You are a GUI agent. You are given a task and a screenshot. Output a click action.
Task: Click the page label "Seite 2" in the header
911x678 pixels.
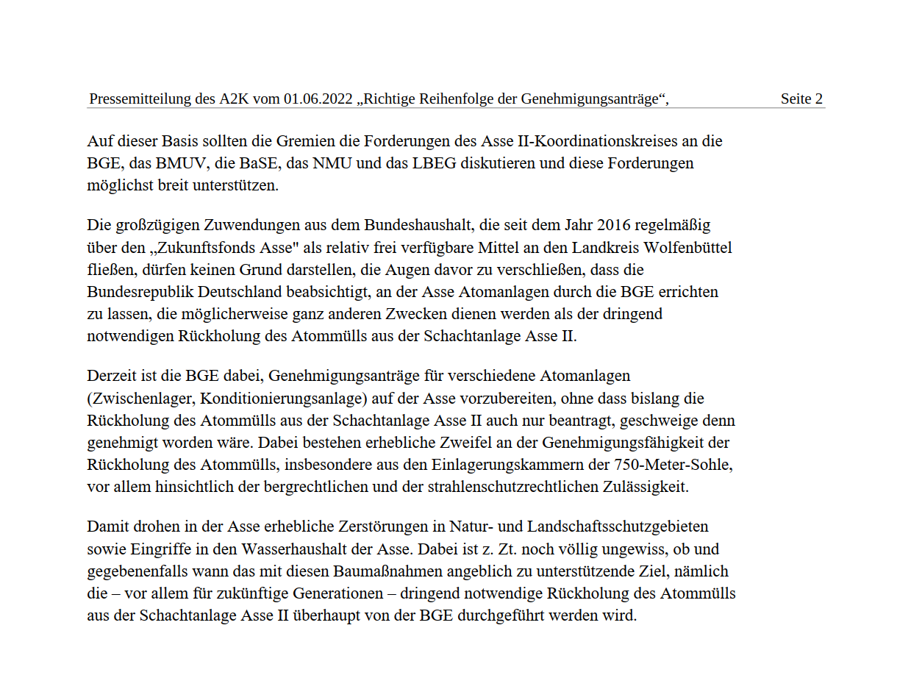(801, 99)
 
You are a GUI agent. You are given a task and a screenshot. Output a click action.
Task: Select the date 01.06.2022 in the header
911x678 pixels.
(318, 99)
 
